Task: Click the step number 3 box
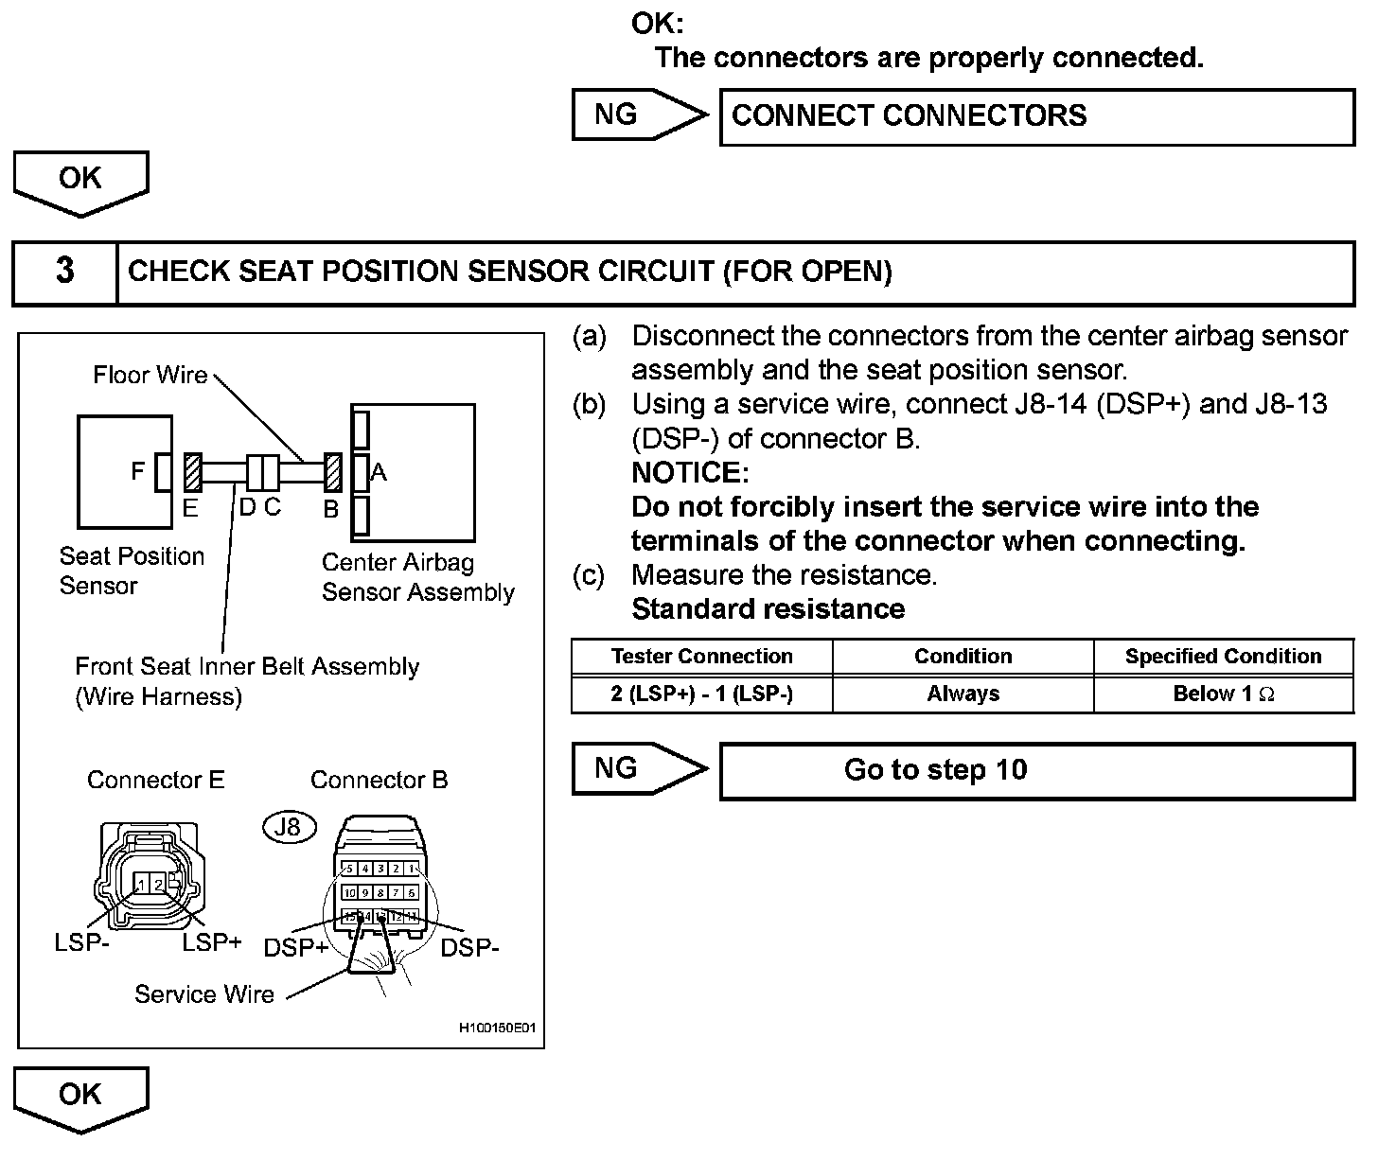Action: [64, 272]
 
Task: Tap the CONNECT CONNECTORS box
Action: [1036, 116]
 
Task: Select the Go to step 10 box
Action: [1036, 770]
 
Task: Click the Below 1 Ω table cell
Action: [1223, 694]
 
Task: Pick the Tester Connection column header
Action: [701, 657]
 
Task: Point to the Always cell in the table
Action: [963, 694]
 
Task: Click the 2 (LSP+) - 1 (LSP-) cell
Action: [701, 694]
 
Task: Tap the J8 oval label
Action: [288, 828]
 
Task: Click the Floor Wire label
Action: [150, 376]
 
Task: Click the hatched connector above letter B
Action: [332, 471]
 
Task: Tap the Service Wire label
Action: [203, 994]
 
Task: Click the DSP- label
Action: [469, 947]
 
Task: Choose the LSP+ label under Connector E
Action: [211, 942]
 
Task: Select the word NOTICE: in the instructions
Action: [689, 472]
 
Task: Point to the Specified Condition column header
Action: [1223, 657]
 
